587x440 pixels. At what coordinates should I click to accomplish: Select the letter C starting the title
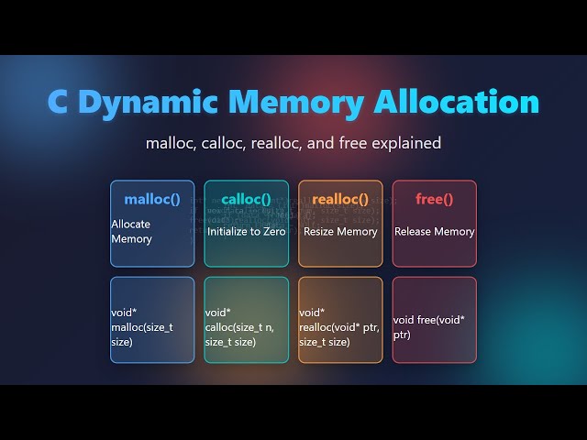coord(58,102)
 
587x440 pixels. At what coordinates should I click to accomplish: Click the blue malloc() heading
coord(152,199)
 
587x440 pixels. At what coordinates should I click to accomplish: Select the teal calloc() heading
coord(246,199)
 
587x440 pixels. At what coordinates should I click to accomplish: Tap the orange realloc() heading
coord(340,199)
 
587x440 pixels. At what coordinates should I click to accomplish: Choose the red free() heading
coord(434,199)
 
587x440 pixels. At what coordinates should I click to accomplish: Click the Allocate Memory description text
coord(131,231)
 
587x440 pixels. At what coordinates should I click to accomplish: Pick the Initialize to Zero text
coord(246,232)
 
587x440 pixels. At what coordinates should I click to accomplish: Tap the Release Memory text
coord(434,232)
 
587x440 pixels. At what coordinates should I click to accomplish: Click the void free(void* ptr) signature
coord(428,327)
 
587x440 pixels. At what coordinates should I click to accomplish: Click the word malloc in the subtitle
coord(171,143)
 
